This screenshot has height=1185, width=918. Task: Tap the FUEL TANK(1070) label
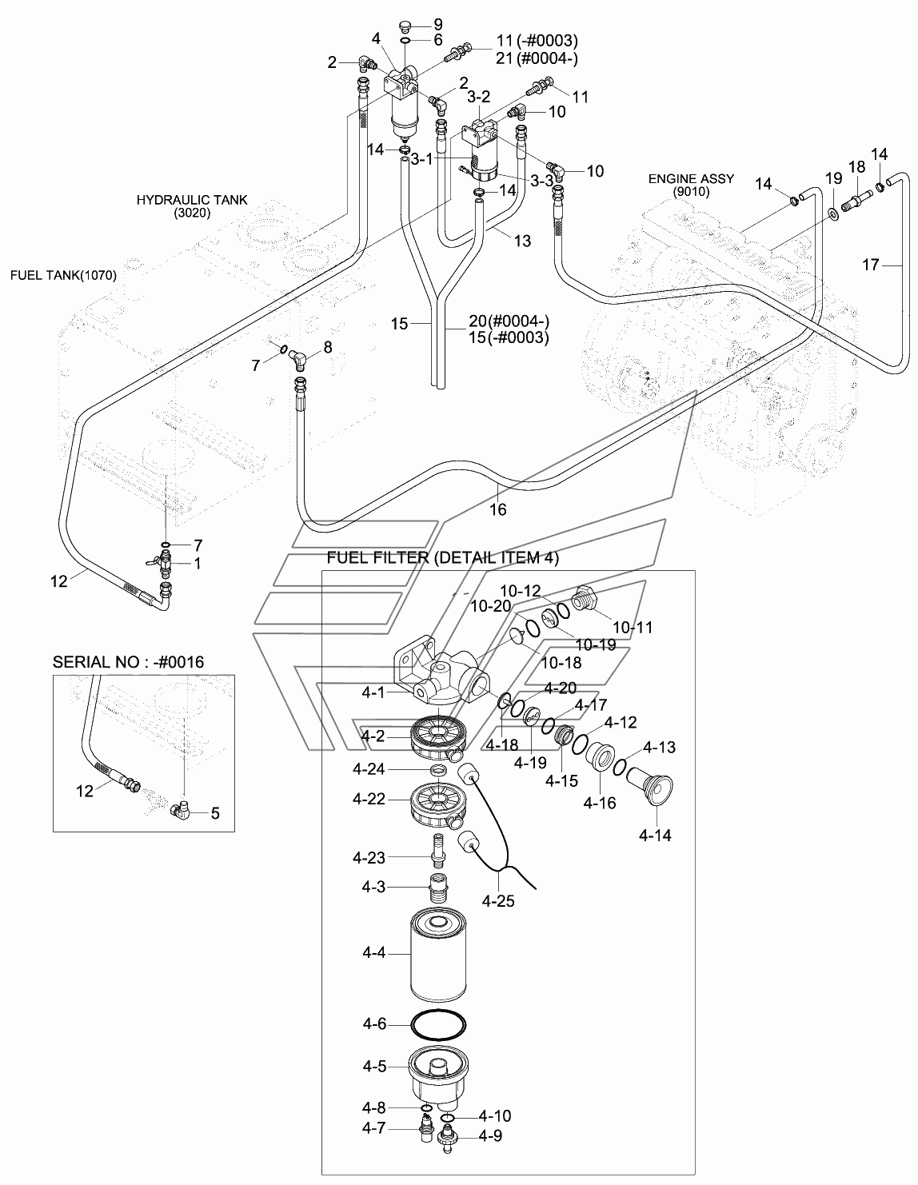coord(63,276)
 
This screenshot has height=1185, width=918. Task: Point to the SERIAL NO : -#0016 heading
coord(128,662)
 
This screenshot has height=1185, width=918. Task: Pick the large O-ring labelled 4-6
coord(437,1023)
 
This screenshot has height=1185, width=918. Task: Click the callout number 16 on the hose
coord(497,509)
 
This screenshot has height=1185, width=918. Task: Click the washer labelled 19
coord(832,213)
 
